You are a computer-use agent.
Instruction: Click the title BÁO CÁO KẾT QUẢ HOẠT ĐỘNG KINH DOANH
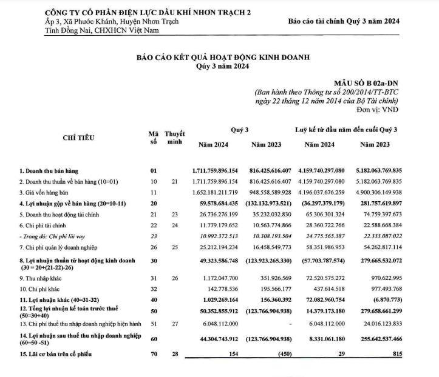pyautogui.click(x=223, y=57)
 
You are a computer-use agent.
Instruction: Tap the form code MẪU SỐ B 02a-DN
pyautogui.click(x=367, y=82)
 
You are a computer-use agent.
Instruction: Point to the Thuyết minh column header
pyautogui.click(x=174, y=138)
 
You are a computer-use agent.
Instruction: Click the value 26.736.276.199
pyautogui.click(x=217, y=214)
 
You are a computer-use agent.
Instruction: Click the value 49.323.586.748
pyautogui.click(x=216, y=261)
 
